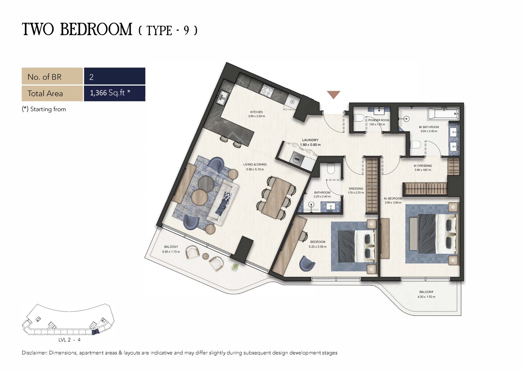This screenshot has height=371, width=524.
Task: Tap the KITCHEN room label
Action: pyautogui.click(x=256, y=112)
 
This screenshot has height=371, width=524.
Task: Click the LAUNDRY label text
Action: pyautogui.click(x=310, y=140)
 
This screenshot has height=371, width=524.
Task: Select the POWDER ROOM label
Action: pyautogui.click(x=379, y=120)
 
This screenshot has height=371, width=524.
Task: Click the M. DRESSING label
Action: pyautogui.click(x=423, y=166)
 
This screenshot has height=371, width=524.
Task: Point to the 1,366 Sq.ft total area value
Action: pyautogui.click(x=110, y=93)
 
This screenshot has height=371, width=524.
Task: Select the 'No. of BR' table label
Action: pyautogui.click(x=44, y=77)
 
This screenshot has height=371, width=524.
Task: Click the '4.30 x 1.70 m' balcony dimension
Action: pyautogui.click(x=426, y=297)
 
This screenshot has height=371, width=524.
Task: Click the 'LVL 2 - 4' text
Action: pyautogui.click(x=69, y=340)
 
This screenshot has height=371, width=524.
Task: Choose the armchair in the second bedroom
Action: pyautogui.click(x=307, y=263)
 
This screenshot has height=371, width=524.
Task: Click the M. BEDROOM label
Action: pyautogui.click(x=393, y=199)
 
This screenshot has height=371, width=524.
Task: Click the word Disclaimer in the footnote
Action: pyautogui.click(x=34, y=353)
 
